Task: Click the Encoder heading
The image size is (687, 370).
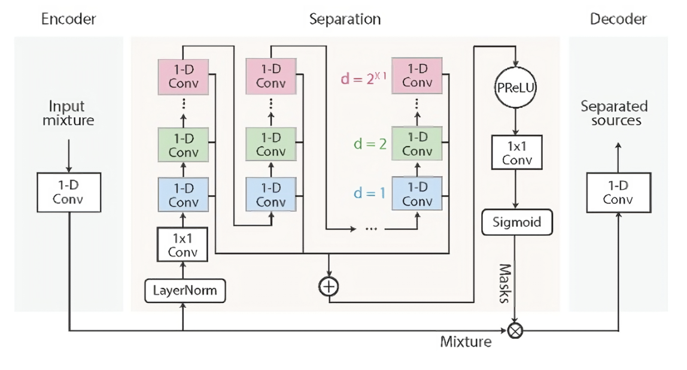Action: coord(68,19)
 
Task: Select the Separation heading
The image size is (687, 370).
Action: coord(345,19)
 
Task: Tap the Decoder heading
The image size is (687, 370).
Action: coord(618,19)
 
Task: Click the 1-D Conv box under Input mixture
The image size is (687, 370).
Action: coord(69,192)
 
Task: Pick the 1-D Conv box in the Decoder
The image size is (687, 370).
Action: coord(618,192)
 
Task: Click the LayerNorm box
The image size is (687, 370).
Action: coord(183,292)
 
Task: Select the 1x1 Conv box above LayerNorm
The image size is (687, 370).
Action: coord(183,245)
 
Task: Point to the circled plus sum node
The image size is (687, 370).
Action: coord(329,286)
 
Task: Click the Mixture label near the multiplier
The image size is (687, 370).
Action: coord(466,342)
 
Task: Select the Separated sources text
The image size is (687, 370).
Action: coord(614,113)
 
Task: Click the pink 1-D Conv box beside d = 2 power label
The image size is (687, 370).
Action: coord(417,75)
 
